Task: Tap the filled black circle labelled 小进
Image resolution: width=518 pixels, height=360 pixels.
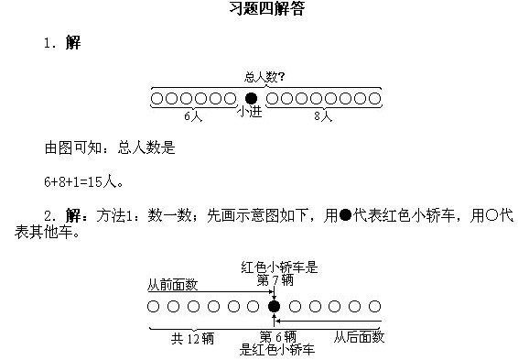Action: click(x=252, y=98)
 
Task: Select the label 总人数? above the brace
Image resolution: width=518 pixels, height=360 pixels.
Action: click(x=264, y=79)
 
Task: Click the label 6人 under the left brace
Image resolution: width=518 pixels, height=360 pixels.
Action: click(x=193, y=116)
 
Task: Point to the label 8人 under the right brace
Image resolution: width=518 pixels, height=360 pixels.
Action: click(x=322, y=116)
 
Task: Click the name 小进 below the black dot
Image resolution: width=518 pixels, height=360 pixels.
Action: click(x=252, y=113)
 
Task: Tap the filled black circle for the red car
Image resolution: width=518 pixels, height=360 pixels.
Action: click(x=273, y=306)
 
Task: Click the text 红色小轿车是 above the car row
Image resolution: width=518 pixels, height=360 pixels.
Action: click(x=279, y=267)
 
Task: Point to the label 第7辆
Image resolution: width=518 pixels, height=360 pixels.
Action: click(x=275, y=280)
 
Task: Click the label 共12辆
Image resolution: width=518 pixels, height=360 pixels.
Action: click(x=193, y=338)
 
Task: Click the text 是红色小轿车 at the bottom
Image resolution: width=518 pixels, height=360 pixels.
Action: click(x=277, y=349)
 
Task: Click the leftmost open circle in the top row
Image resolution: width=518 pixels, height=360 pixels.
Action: click(x=156, y=98)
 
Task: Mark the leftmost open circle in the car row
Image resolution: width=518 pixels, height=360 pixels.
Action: click(x=153, y=306)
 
